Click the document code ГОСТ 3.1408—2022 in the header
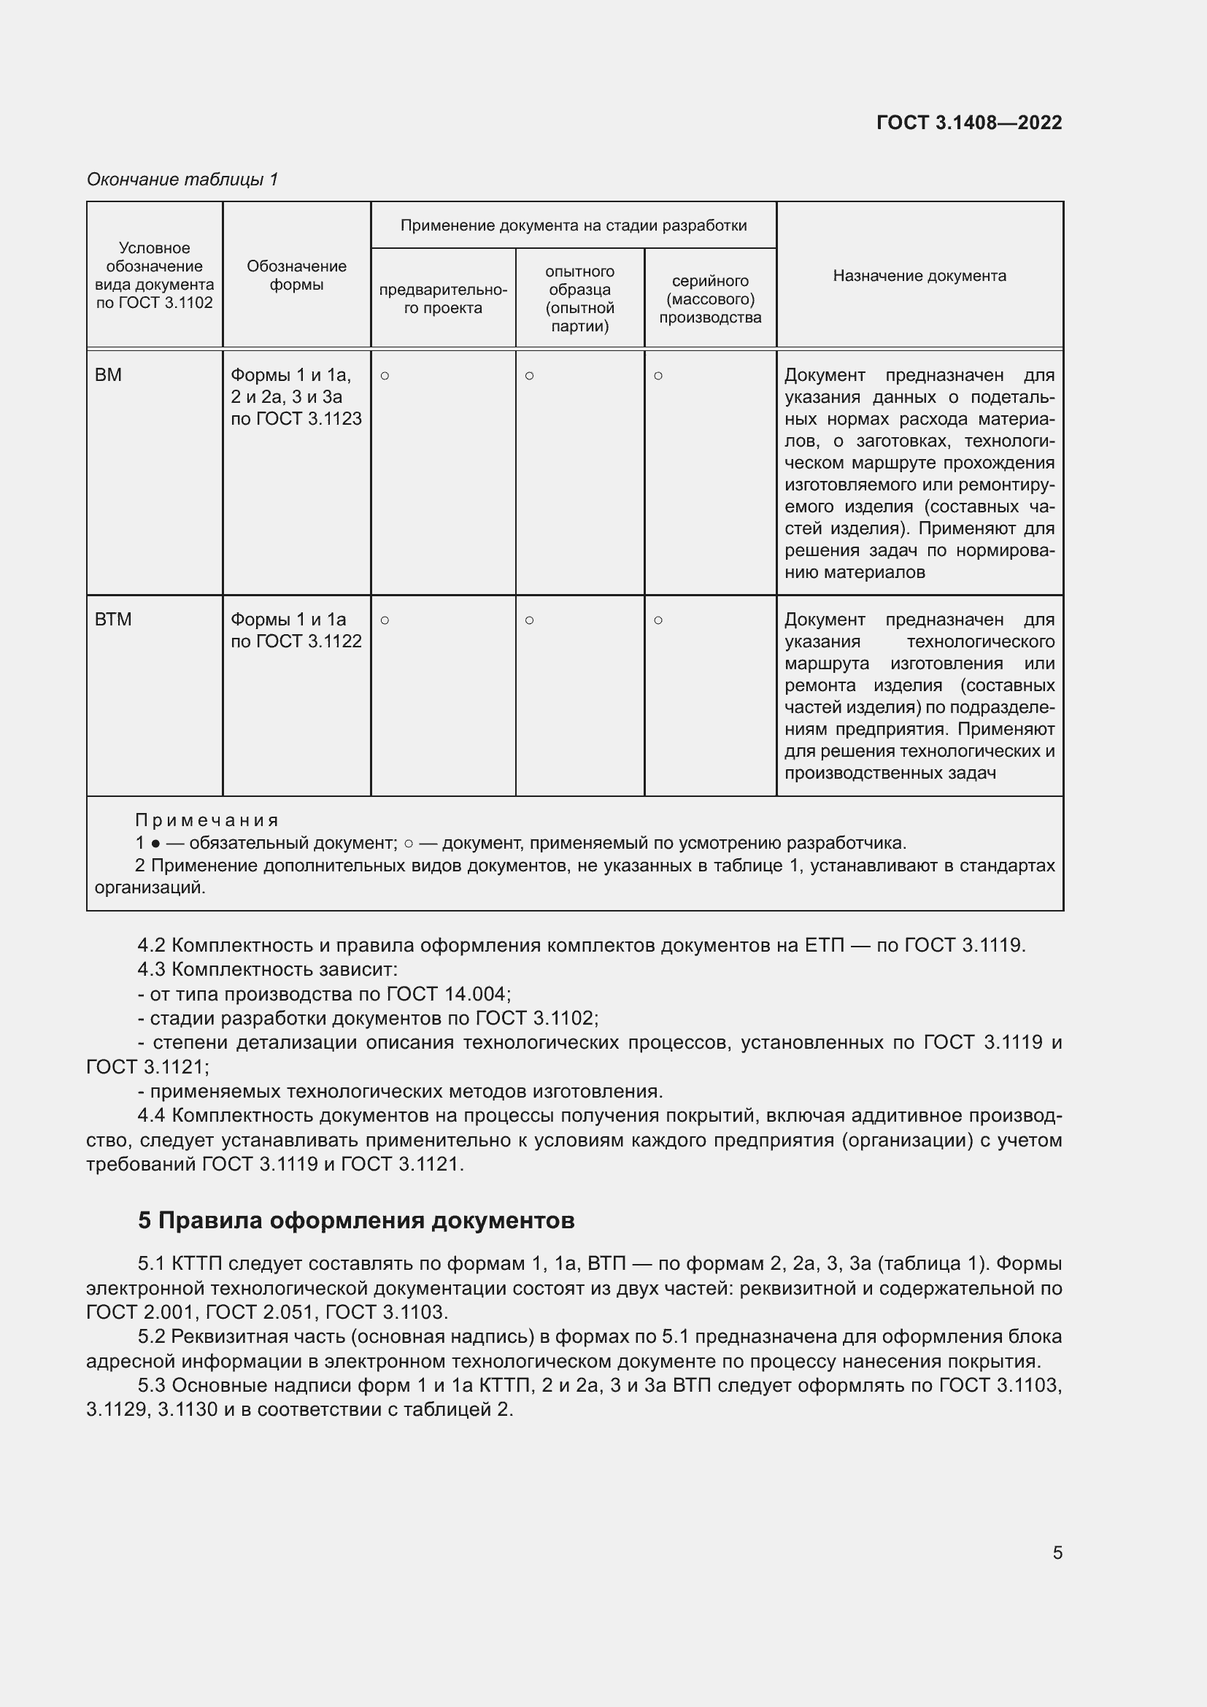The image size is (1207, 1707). [968, 123]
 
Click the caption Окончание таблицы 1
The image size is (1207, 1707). [182, 180]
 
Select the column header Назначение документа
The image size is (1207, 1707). [919, 276]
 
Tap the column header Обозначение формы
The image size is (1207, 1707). [296, 275]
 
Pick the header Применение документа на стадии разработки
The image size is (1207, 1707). [573, 226]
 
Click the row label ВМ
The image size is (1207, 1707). [109, 375]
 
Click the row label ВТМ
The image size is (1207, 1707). [113, 620]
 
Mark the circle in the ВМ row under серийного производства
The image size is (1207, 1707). [658, 376]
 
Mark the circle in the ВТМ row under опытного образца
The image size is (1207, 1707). [529, 620]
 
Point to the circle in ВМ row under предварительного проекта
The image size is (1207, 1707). [385, 376]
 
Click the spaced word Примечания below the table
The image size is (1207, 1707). [206, 820]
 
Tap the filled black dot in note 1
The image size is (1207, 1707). [155, 844]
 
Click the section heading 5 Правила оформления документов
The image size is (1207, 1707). [356, 1221]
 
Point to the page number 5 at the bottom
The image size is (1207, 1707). [1057, 1552]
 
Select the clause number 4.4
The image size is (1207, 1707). [151, 1116]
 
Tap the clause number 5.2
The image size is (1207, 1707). [151, 1337]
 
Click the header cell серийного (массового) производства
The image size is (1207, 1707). [710, 299]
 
